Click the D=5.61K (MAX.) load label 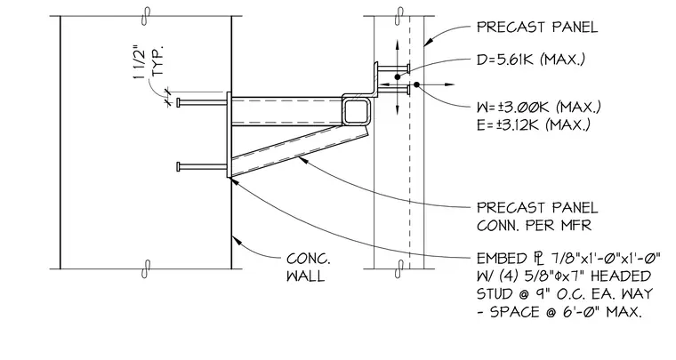[x=531, y=59]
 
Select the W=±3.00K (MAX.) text [x=539, y=107]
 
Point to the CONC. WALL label [x=309, y=268]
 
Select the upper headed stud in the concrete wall [x=201, y=102]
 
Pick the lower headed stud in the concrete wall [x=201, y=166]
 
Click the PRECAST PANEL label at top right [x=537, y=28]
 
